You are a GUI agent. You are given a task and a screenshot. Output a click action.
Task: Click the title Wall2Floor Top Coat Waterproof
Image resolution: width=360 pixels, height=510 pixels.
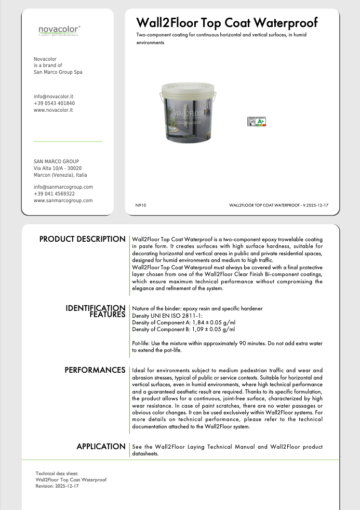(226, 23)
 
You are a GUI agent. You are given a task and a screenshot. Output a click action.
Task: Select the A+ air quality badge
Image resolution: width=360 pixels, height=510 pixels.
(256, 122)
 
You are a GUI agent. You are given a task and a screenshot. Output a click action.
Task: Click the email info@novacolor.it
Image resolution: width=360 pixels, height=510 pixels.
(54, 97)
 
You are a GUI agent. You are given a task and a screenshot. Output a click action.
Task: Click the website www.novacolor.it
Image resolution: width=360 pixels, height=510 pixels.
(53, 110)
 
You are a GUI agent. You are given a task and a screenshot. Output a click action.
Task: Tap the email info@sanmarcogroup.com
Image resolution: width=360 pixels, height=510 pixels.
(63, 187)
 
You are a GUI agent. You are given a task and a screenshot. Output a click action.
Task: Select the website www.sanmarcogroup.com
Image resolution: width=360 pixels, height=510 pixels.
(63, 201)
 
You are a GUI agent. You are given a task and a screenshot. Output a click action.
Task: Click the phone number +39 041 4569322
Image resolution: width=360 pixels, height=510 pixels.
(54, 194)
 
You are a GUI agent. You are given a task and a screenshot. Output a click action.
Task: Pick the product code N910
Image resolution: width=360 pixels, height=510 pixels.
(141, 206)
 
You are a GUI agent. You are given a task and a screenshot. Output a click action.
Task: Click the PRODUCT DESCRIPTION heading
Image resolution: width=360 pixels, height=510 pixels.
(83, 239)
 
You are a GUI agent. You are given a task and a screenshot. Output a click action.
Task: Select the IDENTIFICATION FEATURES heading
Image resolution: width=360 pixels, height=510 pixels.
(96, 311)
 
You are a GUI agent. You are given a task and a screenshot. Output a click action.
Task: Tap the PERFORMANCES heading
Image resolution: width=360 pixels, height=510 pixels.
(95, 370)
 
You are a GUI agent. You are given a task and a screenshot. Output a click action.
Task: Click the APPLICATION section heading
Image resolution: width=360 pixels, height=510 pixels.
(101, 447)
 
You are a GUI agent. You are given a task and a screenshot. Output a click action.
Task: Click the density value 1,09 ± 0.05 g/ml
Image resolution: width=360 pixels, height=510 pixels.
(210, 329)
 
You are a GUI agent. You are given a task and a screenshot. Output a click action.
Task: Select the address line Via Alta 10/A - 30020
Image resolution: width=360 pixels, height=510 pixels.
(58, 168)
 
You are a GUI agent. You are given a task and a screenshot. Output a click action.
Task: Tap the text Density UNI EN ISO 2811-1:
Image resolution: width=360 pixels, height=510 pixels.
(167, 316)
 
